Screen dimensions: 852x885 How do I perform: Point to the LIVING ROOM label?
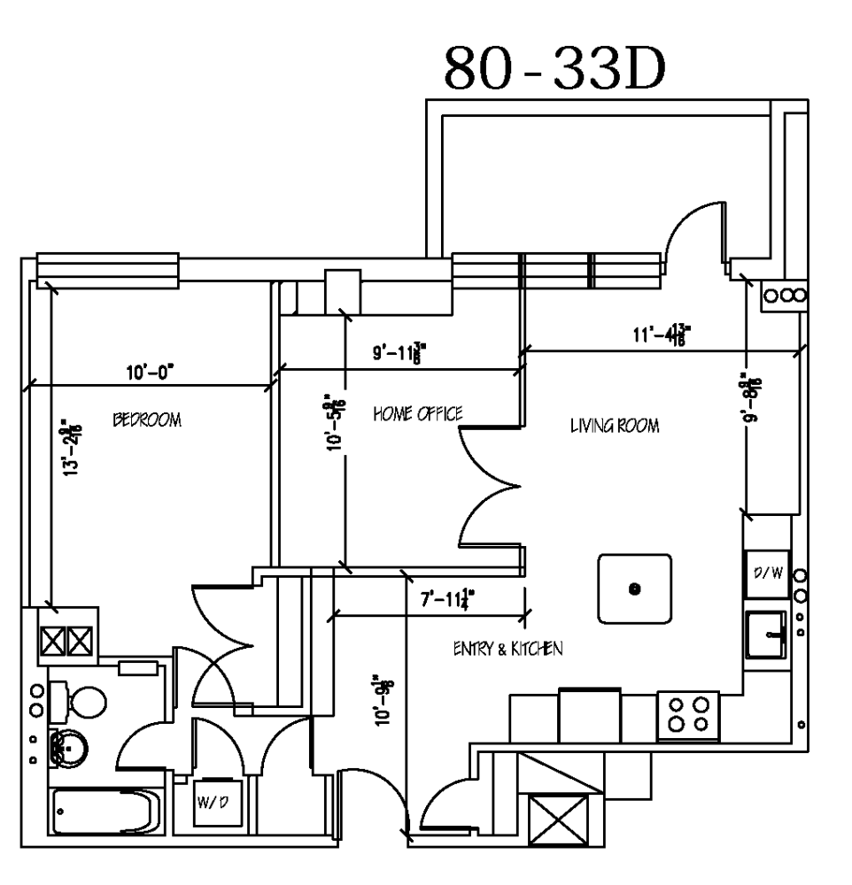pos(615,426)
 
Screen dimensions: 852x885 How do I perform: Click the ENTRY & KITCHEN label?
pos(508,648)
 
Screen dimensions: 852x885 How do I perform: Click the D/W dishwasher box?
pos(767,573)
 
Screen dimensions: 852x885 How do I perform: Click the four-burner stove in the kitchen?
pos(688,714)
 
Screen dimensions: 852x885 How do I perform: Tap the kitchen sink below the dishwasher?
pos(766,634)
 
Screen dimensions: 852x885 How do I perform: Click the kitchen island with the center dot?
pos(634,589)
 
